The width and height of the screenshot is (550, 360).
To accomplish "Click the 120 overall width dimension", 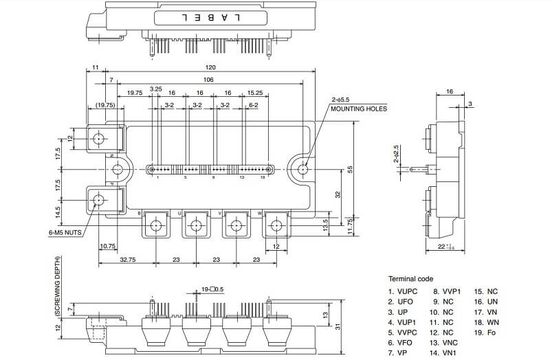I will coord(210,67).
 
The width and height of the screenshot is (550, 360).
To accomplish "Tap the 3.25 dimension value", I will coord(156,89).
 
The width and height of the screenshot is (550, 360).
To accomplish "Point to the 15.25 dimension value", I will coord(254,93).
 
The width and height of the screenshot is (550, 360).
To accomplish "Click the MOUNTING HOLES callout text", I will coord(358,109).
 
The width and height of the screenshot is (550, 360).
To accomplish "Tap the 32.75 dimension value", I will coord(126,260).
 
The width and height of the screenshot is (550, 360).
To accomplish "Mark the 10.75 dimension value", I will coord(107,245).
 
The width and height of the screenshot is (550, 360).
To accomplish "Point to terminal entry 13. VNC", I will coord(445,343).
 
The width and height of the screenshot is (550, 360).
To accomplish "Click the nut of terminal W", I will coord(276,225).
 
